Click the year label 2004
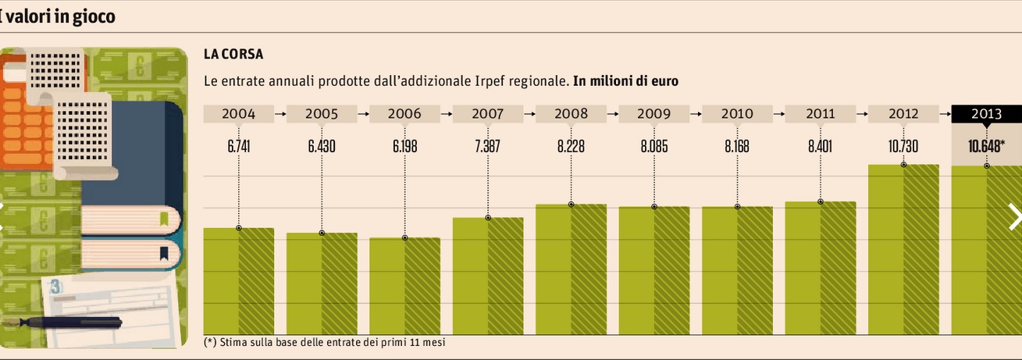point(238,114)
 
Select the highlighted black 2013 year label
point(986,114)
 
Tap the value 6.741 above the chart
point(238,145)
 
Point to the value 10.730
point(903,145)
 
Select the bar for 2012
point(903,250)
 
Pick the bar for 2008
point(571,269)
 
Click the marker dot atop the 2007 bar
point(488,218)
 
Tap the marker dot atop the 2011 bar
point(821,202)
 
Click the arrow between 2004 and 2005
point(280,114)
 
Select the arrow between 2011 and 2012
point(862,114)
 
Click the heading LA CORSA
point(233,55)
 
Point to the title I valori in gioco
point(59,16)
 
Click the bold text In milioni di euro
point(625,80)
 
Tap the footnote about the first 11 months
point(328,342)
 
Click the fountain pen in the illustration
point(70,323)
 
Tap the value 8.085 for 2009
point(653,145)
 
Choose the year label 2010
point(737,114)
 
